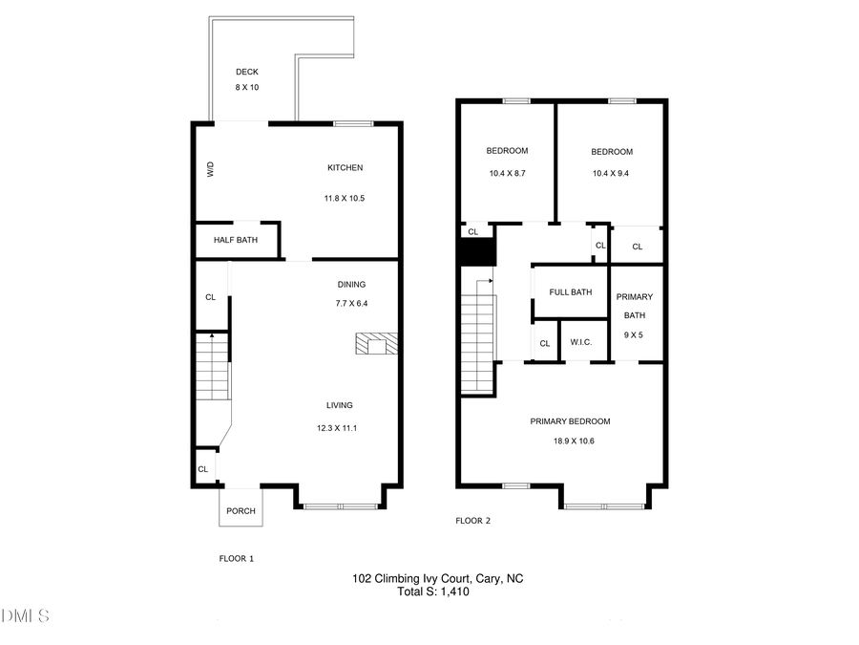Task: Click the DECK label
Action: click(x=247, y=72)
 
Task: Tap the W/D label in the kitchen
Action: click(x=211, y=169)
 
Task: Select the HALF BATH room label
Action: click(x=236, y=240)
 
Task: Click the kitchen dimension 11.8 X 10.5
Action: click(x=345, y=198)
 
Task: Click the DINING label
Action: click(x=351, y=284)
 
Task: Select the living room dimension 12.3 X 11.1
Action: click(x=339, y=428)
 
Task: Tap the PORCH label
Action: click(x=241, y=511)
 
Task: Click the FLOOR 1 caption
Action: click(x=236, y=558)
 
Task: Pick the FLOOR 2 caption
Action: click(x=472, y=521)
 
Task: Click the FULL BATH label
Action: click(x=570, y=291)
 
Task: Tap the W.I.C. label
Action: click(x=582, y=343)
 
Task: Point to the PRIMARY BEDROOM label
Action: click(x=570, y=421)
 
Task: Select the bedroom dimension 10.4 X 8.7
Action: click(x=507, y=173)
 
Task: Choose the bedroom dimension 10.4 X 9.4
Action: click(x=612, y=173)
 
